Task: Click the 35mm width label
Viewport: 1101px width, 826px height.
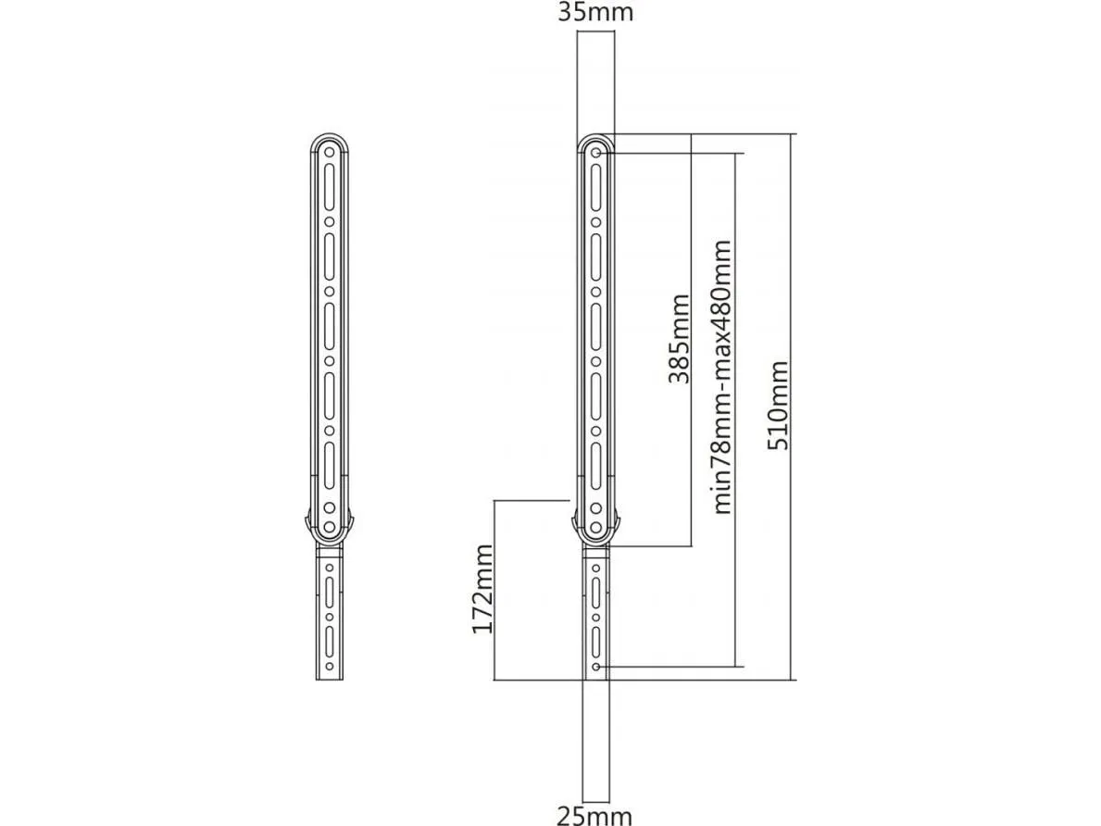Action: tap(594, 12)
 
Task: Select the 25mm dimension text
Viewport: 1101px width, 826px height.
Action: tap(594, 815)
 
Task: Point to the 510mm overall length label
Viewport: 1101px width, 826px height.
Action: tap(781, 406)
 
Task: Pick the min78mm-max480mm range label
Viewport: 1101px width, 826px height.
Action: tap(722, 377)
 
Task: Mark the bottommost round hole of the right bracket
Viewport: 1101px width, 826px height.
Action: tap(596, 666)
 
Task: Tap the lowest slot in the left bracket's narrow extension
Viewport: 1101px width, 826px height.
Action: tap(328, 641)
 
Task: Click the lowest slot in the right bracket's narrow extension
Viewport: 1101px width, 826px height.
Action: tap(596, 641)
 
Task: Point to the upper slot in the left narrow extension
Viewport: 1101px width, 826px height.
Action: tap(328, 591)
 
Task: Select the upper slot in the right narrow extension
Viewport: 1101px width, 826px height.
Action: tap(596, 591)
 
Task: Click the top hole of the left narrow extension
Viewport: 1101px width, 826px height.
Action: tap(328, 565)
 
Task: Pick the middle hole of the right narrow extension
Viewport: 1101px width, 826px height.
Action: tap(596, 616)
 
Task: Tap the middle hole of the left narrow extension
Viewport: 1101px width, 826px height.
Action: tap(328, 616)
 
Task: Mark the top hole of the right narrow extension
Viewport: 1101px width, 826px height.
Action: tap(596, 565)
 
